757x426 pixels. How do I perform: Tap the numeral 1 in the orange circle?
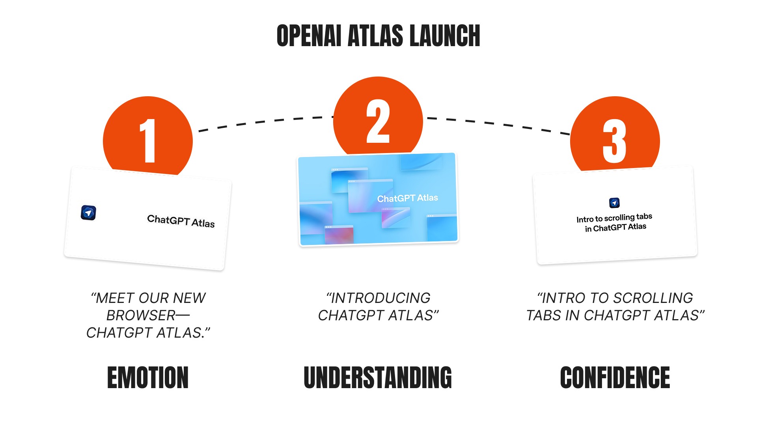(148, 141)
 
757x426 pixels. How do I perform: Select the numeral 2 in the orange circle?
(378, 121)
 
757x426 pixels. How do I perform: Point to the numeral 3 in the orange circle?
(614, 141)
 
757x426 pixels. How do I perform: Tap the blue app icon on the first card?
(88, 213)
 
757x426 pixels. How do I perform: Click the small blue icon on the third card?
(614, 203)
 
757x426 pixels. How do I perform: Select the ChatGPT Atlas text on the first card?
(181, 221)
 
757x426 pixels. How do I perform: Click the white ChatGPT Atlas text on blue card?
(407, 198)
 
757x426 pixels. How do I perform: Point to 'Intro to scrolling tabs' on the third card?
(614, 218)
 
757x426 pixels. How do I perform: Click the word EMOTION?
(148, 377)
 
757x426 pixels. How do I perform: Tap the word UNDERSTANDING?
(378, 377)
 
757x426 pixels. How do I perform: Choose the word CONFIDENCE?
(615, 377)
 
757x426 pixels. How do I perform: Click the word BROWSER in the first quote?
(141, 316)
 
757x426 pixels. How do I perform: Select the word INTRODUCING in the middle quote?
(380, 298)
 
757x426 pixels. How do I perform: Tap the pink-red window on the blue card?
(339, 235)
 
